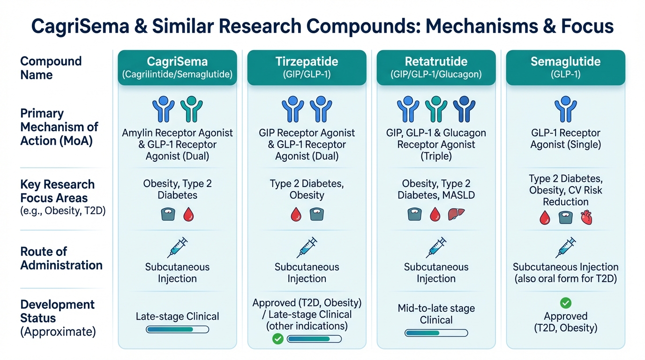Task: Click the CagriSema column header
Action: pos(177,67)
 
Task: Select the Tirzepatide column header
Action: pos(307,67)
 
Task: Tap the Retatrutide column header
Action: pos(436,67)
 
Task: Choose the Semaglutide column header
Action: pos(565,67)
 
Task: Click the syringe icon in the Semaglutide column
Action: pos(565,247)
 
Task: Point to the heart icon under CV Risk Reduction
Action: pos(586,217)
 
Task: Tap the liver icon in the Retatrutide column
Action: pos(455,214)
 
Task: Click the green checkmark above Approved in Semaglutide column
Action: pos(566,303)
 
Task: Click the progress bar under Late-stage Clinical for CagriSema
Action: pos(177,330)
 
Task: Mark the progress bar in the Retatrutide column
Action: pos(436,333)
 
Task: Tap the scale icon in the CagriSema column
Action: pos(167,214)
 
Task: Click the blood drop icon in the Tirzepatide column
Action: pos(296,214)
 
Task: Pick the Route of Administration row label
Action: pos(61,258)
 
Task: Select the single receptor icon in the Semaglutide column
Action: pos(565,109)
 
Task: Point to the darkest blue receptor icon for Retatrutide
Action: pos(464,109)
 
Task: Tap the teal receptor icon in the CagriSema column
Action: pos(191,109)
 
